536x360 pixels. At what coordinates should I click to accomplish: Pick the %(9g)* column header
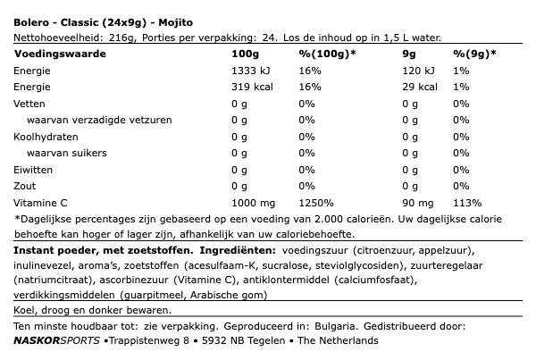point(474,54)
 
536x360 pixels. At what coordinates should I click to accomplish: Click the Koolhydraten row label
point(46,137)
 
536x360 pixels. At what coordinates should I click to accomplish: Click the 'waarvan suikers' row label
point(70,153)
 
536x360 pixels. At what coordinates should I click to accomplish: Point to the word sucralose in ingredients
point(282,265)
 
